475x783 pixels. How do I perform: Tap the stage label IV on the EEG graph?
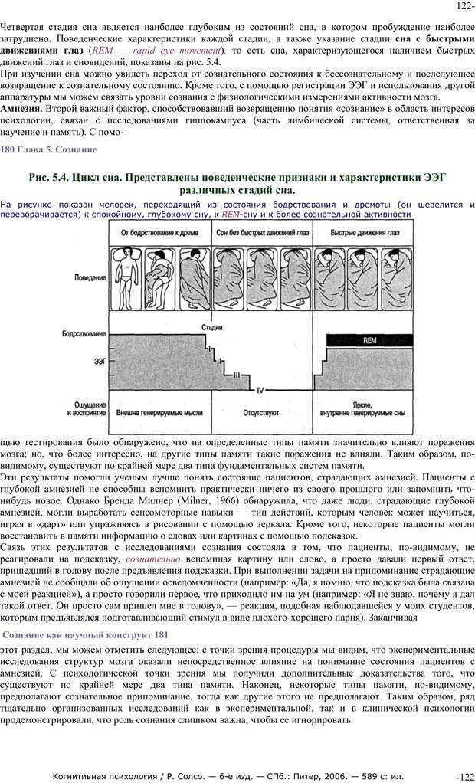260,390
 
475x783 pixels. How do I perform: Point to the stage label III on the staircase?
237,375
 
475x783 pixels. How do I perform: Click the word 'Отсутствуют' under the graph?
262,411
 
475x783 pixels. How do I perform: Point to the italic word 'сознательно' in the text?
153,559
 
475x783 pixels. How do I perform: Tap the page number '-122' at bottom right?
465,776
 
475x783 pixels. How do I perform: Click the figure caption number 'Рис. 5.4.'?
50,177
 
